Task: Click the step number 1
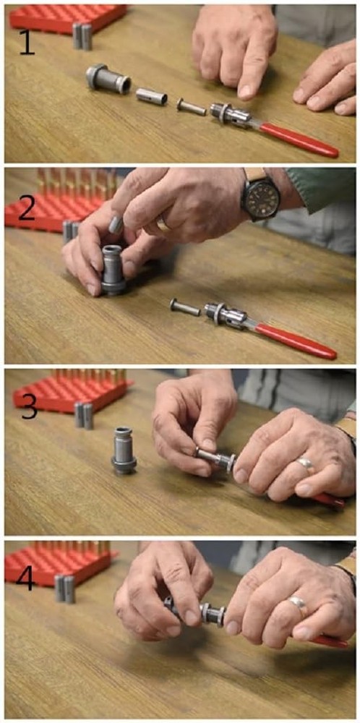[x=26, y=43]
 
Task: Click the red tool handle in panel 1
[x=299, y=140]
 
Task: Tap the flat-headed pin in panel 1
[x=192, y=107]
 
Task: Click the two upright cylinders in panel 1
[x=82, y=36]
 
